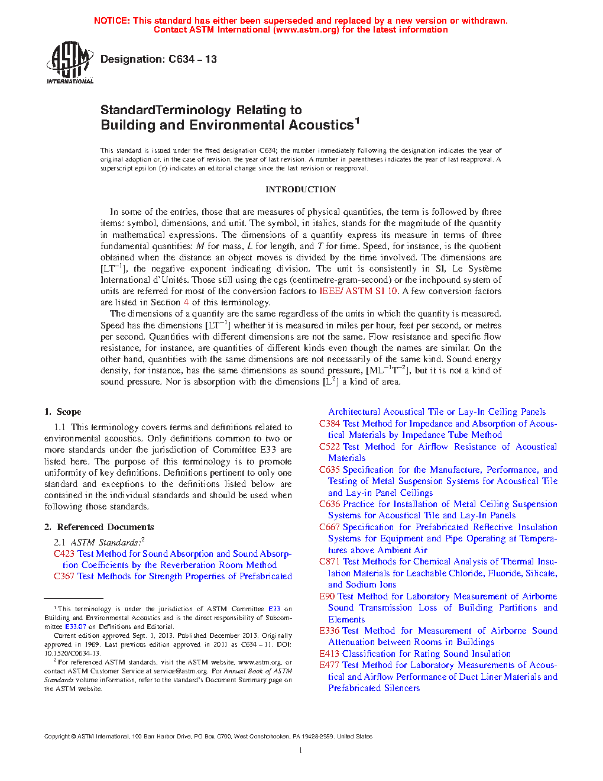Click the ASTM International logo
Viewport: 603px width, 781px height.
point(69,62)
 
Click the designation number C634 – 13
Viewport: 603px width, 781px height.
point(193,59)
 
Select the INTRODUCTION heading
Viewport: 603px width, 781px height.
point(300,189)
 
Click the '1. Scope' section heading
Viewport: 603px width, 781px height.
point(63,412)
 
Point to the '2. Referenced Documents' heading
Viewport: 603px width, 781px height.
point(99,527)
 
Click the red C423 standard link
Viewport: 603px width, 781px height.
point(64,554)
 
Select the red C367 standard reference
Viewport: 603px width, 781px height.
point(64,576)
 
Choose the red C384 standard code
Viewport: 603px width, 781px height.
point(329,424)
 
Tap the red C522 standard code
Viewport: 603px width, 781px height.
point(329,447)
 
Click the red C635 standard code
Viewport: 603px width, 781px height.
point(329,470)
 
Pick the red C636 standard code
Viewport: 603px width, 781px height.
point(329,504)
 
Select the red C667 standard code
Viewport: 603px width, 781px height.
point(329,527)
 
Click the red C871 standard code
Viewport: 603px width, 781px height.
point(329,561)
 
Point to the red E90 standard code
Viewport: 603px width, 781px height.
point(327,596)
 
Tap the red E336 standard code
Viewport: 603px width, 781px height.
point(329,631)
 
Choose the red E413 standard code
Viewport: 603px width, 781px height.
point(329,654)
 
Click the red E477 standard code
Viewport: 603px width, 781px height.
point(329,665)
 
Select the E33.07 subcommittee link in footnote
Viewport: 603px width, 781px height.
point(75,627)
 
